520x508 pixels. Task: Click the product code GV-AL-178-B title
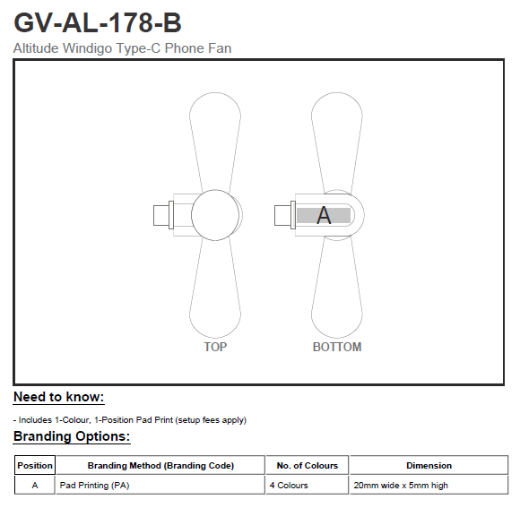coord(98,22)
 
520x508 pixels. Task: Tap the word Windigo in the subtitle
coord(87,48)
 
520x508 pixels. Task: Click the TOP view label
coord(215,347)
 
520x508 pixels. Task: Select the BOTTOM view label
coord(337,347)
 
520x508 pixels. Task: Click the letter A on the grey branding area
coord(324,215)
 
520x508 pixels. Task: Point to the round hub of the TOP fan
coord(215,215)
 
